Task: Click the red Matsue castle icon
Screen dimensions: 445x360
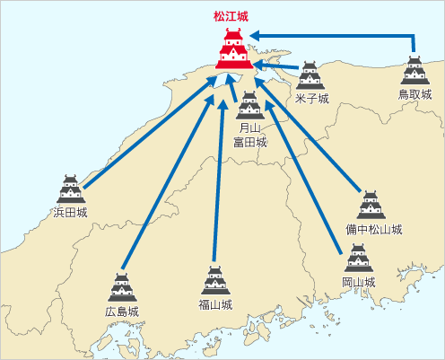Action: (234, 48)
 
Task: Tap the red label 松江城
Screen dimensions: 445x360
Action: (231, 16)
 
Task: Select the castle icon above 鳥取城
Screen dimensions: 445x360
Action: (415, 70)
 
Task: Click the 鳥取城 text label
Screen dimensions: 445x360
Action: (414, 94)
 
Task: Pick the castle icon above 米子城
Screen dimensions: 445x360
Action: (310, 75)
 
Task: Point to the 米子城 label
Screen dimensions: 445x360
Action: (312, 99)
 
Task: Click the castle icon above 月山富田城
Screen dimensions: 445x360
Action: (250, 105)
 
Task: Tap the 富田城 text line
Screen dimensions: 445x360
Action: (250, 142)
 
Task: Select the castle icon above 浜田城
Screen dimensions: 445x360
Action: (71, 189)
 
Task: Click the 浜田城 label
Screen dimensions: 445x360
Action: (70, 213)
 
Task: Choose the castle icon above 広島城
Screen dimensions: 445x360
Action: (122, 287)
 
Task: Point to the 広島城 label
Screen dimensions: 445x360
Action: (122, 312)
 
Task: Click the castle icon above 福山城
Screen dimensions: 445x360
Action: (215, 280)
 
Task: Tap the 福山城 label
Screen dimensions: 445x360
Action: (215, 305)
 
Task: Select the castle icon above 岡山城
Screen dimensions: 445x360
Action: (359, 258)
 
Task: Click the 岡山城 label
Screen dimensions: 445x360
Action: (359, 282)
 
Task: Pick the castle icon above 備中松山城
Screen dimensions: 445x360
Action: (371, 205)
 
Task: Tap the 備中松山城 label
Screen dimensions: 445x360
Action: (374, 230)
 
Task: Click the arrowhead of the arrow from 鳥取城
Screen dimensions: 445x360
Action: (254, 36)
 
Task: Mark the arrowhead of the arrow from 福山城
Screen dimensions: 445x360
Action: (222, 104)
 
